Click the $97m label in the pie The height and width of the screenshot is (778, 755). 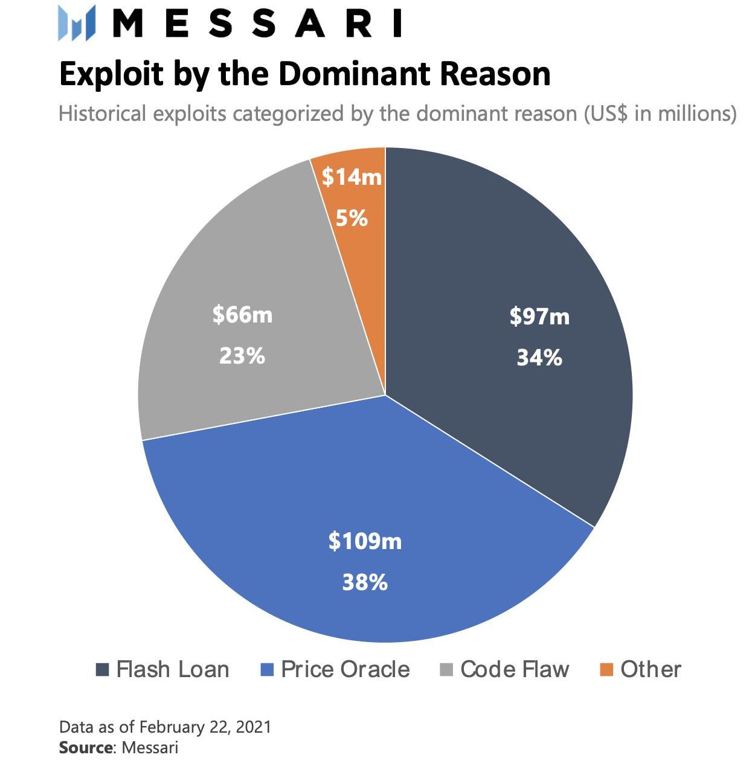[x=539, y=317]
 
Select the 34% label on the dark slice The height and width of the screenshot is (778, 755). [x=539, y=358]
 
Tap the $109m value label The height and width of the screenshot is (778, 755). [x=365, y=541]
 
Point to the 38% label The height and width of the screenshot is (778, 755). [x=365, y=583]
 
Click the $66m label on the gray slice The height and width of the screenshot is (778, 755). [x=242, y=315]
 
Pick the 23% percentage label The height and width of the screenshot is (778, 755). [x=242, y=356]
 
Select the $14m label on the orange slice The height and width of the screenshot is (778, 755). [x=352, y=177]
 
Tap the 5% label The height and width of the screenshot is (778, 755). [x=352, y=218]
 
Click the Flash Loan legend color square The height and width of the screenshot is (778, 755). [x=103, y=670]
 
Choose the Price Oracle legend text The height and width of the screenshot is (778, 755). [x=345, y=670]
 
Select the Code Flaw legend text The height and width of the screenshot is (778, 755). [x=515, y=670]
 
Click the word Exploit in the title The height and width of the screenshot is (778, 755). [x=111, y=74]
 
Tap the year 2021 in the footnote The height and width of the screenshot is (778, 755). [x=254, y=727]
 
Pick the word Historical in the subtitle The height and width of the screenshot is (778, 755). [x=103, y=114]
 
